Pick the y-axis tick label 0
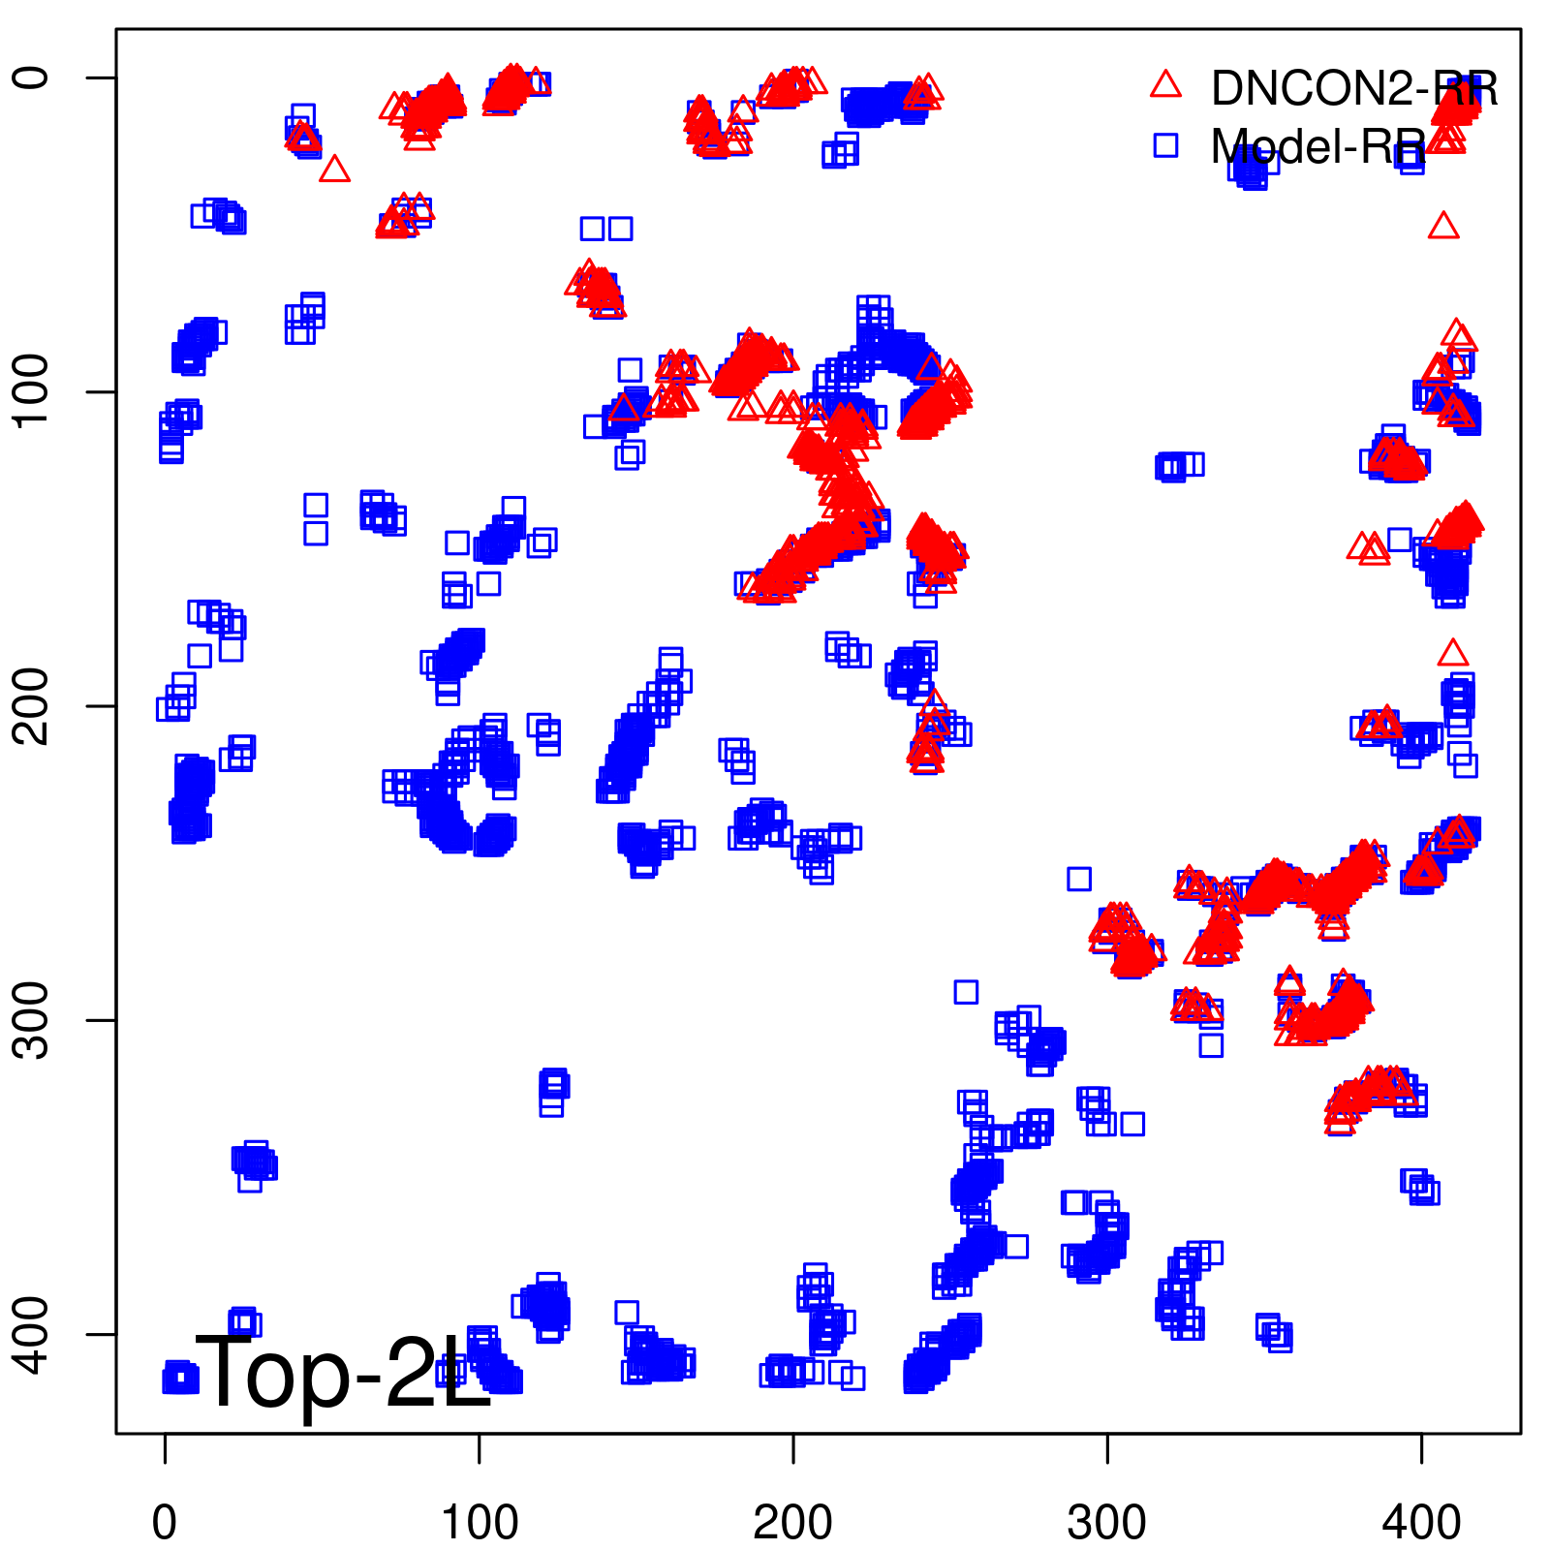pos(31,77)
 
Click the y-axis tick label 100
pos(31,391)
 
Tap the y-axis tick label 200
pos(31,705)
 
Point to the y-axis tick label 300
pos(31,1019)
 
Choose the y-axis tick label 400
pos(31,1334)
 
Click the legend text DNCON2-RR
pos(1354,89)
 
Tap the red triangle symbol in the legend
pos(1165,85)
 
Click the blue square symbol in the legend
pos(1165,145)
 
